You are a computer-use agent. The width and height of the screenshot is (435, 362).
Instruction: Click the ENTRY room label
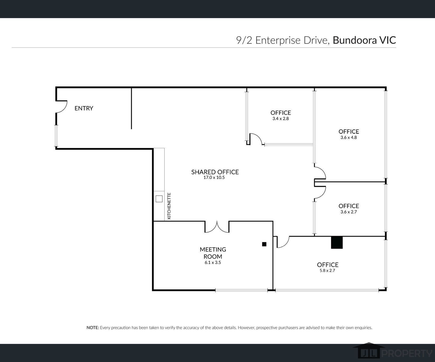(x=84, y=108)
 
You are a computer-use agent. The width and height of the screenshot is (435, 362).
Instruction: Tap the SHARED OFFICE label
(x=215, y=172)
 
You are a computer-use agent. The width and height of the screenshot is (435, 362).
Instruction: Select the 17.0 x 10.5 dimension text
(x=214, y=178)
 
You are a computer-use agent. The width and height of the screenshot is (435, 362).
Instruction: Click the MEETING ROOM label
(x=213, y=253)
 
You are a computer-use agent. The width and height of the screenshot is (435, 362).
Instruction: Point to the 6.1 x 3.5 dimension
(x=213, y=262)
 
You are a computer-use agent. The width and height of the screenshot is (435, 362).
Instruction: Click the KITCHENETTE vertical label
(x=169, y=206)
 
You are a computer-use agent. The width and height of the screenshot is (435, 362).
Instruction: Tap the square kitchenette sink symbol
(x=159, y=199)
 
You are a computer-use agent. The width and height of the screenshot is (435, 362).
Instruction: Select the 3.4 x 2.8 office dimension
(x=280, y=119)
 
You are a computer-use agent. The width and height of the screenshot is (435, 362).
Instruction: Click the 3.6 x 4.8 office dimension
(x=349, y=138)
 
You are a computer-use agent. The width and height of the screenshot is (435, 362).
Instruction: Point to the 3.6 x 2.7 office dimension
(x=349, y=212)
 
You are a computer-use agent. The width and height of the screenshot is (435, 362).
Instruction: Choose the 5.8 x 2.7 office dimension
(x=327, y=271)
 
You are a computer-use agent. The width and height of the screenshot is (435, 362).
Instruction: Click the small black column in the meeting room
(x=264, y=244)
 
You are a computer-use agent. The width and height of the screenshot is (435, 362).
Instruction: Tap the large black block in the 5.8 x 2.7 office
(x=337, y=242)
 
